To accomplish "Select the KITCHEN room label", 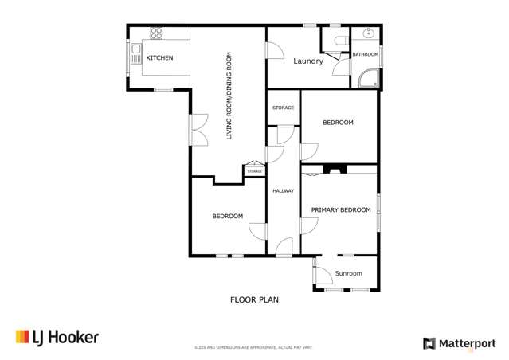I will click(159, 58).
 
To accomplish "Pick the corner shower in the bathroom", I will click(370, 79).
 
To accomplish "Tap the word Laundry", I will click(307, 61).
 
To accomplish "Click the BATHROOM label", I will click(365, 54).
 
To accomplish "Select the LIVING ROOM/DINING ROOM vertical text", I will click(229, 96).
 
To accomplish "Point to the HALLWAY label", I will click(284, 191).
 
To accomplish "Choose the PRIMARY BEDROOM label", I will click(341, 209).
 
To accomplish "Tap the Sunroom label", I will click(348, 273).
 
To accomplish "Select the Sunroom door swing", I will click(323, 273).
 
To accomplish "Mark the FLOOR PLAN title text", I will click(254, 300).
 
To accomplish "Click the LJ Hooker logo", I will click(57, 338).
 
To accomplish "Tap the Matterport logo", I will click(459, 343).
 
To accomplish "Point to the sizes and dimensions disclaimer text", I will click(254, 347).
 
